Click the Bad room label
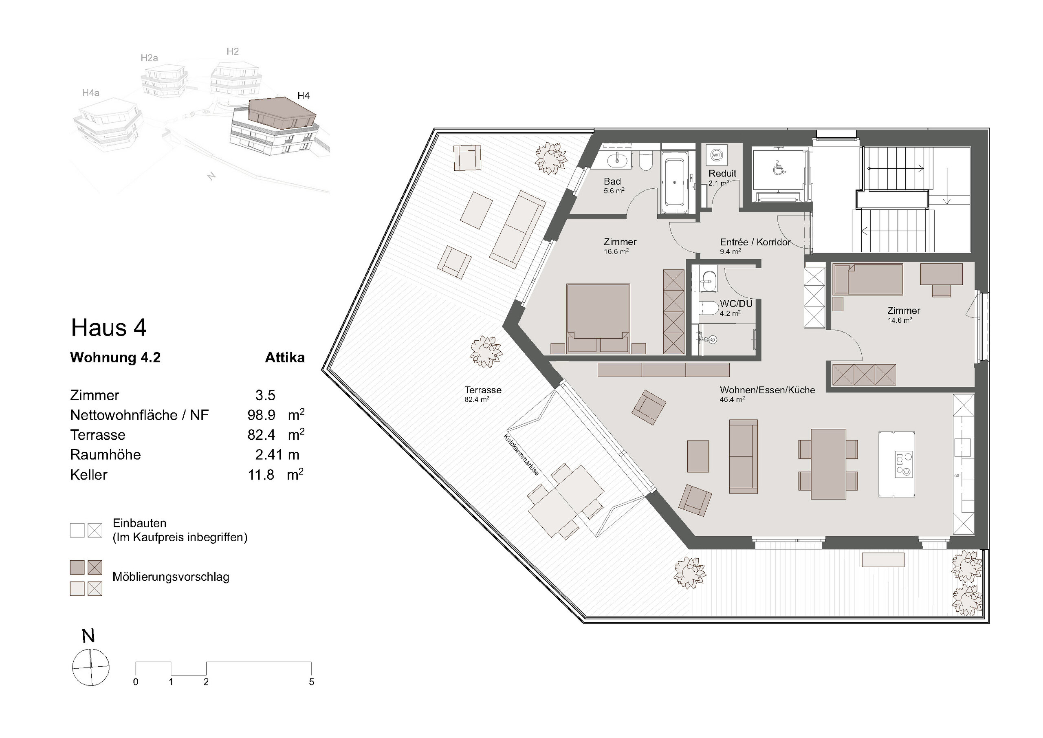612,181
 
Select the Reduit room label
722,174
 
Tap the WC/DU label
736,304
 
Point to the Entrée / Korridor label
755,242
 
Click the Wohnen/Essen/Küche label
767,390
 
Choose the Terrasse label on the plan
483,390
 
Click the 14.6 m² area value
900,320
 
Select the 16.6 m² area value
616,251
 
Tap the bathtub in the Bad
675,182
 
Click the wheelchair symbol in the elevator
778,169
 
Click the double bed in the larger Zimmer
598,318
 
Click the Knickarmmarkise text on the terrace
521,455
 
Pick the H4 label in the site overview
304,95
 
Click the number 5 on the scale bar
312,682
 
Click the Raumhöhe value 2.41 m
277,454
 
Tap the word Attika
285,358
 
